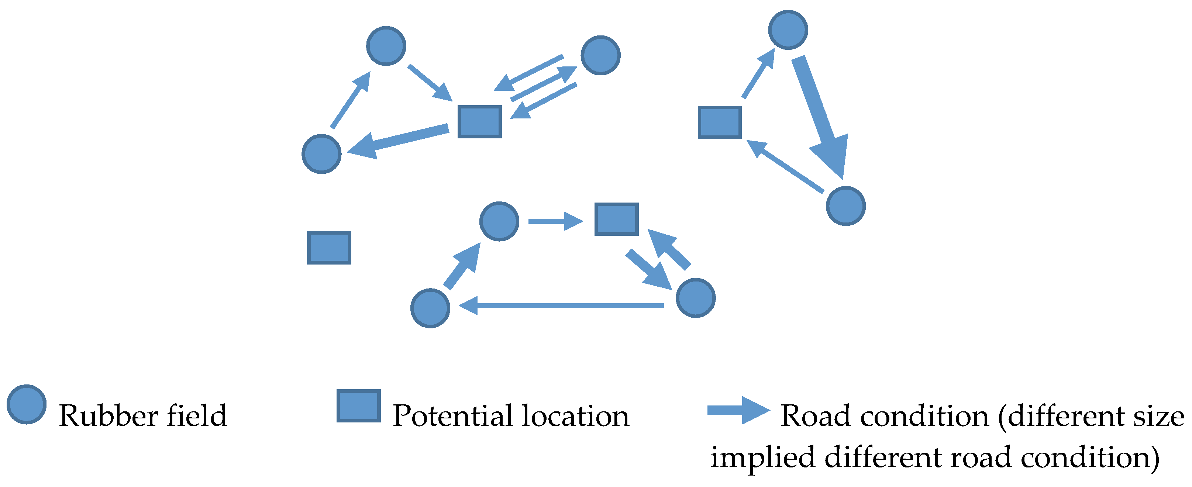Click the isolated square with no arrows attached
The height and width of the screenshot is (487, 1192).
click(329, 248)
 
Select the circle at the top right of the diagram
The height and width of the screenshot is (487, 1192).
click(788, 30)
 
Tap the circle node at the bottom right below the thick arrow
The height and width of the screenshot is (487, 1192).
click(845, 206)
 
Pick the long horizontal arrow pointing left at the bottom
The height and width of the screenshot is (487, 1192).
click(561, 305)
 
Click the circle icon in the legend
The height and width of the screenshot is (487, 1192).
click(26, 404)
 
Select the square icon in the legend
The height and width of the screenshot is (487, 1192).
click(359, 405)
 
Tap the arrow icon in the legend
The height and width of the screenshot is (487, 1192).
click(738, 410)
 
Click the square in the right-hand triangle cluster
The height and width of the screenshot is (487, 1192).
click(720, 122)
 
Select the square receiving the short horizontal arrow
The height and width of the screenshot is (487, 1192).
click(616, 219)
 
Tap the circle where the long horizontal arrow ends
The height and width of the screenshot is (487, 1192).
click(430, 308)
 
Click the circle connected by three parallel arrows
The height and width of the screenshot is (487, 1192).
click(600, 55)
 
